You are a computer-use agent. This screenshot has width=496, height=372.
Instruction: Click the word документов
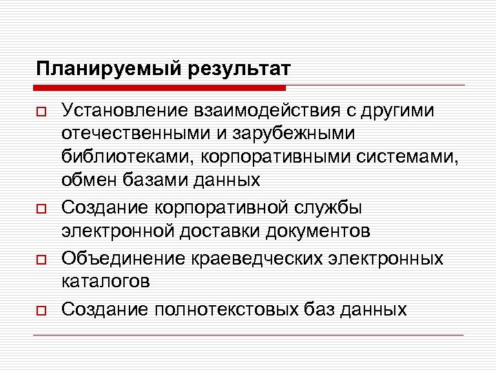tap(320, 230)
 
